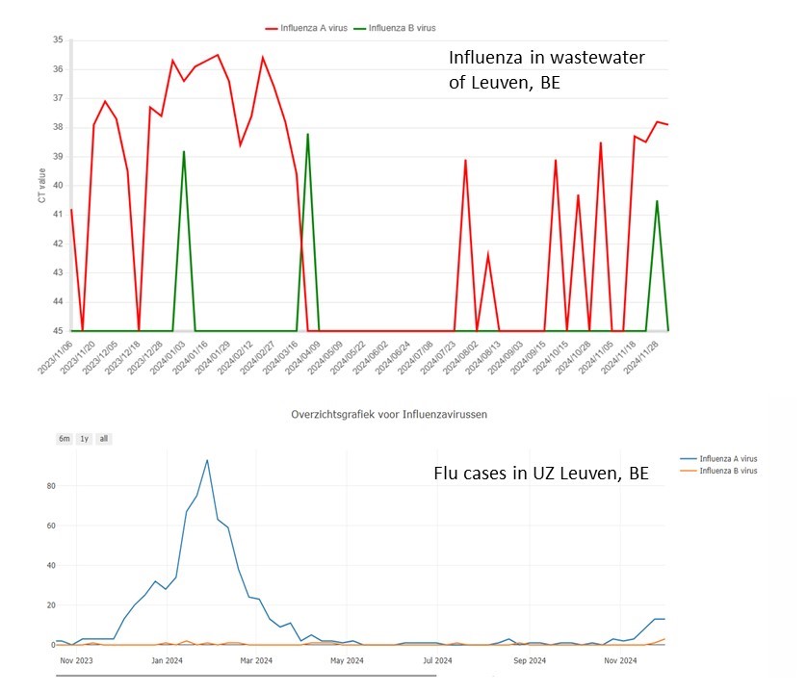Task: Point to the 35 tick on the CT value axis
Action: pyautogui.click(x=57, y=40)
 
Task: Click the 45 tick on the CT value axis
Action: pyautogui.click(x=57, y=331)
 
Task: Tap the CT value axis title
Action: pyautogui.click(x=41, y=186)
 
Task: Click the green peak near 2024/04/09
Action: pyautogui.click(x=307, y=135)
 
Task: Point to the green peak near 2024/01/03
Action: pyautogui.click(x=184, y=152)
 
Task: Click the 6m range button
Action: pyautogui.click(x=65, y=439)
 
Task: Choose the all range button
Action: pyautogui.click(x=103, y=439)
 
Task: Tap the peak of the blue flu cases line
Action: pyautogui.click(x=207, y=460)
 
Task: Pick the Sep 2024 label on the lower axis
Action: pyautogui.click(x=530, y=660)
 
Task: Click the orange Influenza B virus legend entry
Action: pyautogui.click(x=729, y=471)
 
